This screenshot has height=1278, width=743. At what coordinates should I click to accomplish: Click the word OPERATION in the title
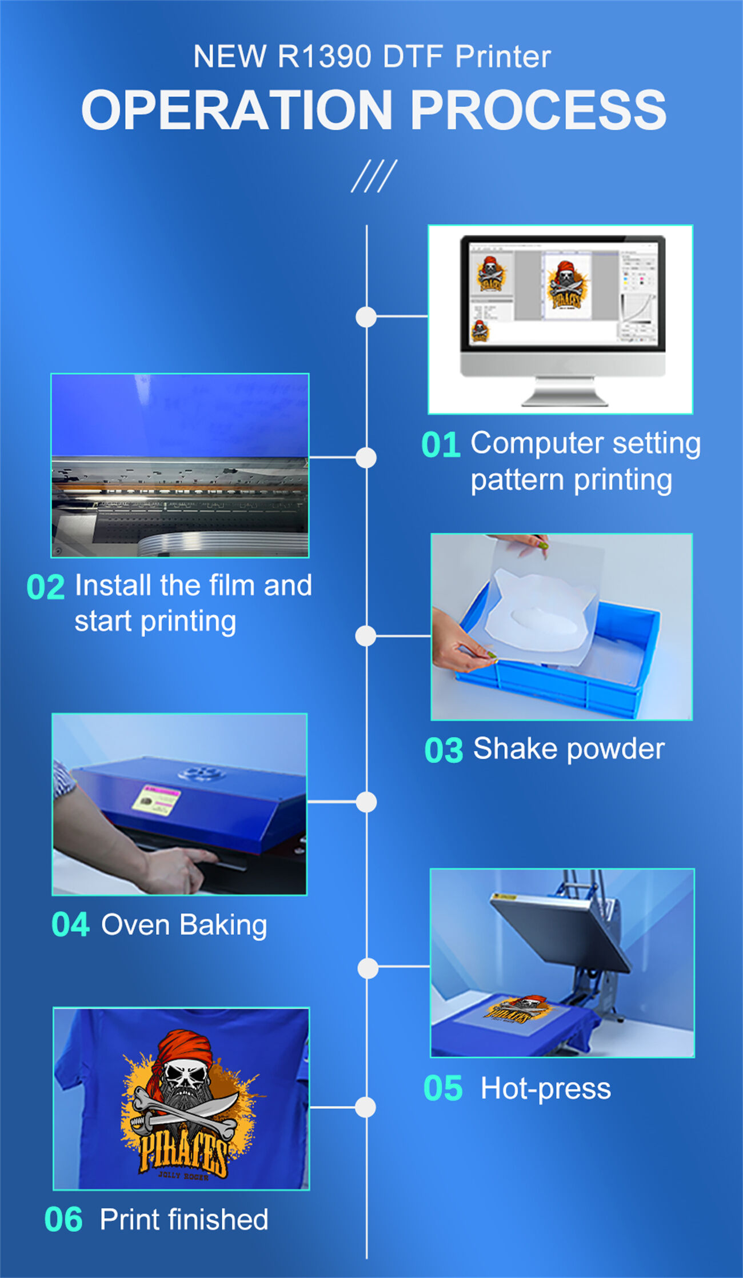click(x=237, y=110)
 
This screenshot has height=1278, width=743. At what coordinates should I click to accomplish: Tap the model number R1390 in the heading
click(x=324, y=57)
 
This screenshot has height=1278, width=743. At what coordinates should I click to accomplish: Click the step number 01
click(x=441, y=445)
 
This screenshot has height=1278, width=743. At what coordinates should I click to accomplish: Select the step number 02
click(x=46, y=587)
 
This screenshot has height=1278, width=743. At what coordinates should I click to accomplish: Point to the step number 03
click(x=444, y=750)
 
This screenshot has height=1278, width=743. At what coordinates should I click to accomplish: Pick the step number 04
click(x=70, y=924)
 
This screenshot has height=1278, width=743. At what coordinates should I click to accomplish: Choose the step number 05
click(x=443, y=1088)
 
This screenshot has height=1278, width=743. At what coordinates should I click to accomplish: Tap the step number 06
click(x=63, y=1219)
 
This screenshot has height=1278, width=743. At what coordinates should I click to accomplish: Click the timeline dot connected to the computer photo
click(x=366, y=317)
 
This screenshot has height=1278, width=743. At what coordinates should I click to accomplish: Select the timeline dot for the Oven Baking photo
click(x=366, y=802)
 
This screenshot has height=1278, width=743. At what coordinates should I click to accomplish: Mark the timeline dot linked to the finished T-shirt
click(x=366, y=1107)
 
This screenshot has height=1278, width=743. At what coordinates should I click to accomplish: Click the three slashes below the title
click(x=374, y=176)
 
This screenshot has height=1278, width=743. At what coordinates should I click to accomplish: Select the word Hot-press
click(x=545, y=1088)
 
